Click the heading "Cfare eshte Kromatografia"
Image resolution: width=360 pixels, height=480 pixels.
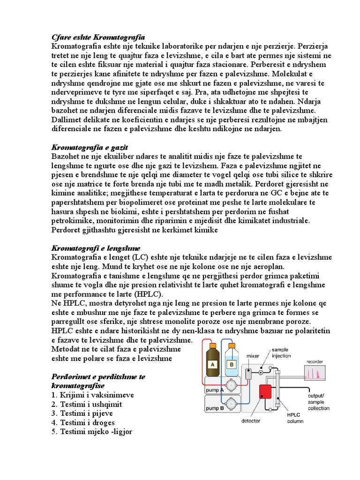97,37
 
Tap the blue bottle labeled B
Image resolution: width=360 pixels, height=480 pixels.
231,362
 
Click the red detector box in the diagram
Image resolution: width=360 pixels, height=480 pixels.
265,392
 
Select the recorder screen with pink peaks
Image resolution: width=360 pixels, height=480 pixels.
315,373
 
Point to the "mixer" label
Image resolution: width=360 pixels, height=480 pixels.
253,356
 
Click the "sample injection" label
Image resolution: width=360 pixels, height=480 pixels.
280,352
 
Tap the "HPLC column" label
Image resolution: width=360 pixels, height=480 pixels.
295,417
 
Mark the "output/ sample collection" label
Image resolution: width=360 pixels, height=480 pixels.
318,402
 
